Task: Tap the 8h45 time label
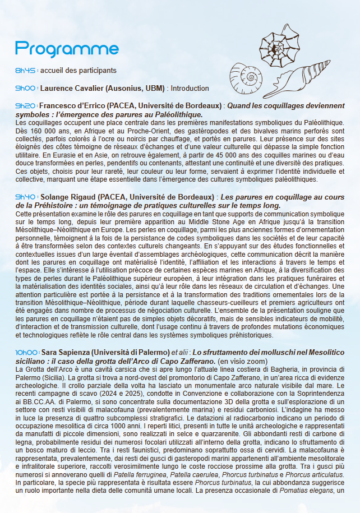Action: (26, 71)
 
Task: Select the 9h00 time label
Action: (26, 89)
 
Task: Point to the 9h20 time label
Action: (26, 105)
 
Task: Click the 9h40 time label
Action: (26, 197)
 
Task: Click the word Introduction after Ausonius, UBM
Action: (190, 89)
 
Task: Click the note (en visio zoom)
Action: (243, 361)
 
